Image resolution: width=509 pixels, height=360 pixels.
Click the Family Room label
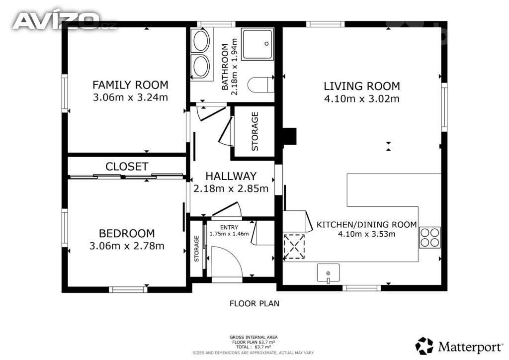pos(131,85)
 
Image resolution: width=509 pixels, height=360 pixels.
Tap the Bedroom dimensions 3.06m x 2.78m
pos(127,246)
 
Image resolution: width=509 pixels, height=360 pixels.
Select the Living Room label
pos(362,87)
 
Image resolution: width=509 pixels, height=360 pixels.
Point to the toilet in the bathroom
pos(261,85)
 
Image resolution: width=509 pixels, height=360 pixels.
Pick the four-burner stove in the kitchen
pos(430,238)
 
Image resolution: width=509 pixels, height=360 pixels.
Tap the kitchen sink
pos(328,272)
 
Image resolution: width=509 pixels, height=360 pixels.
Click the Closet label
pos(127,167)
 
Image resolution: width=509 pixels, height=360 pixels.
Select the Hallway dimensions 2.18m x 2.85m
pos(231,188)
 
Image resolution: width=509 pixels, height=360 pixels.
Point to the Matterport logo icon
pos(424,346)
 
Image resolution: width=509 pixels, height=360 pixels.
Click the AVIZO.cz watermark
pos(64,21)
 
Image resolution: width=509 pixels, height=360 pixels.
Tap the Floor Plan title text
pos(254,304)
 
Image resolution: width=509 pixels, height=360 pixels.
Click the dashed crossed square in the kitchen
pos(294,247)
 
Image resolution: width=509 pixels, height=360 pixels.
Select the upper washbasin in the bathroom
pos(200,41)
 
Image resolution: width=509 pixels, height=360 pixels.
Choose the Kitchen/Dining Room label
pos(366,225)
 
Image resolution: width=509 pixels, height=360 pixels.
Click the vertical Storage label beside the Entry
pos(196,249)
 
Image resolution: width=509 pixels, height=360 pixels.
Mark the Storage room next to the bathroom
pos(254,131)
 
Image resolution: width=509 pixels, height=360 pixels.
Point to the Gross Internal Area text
pos(254,337)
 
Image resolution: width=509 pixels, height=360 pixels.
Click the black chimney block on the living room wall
pos(290,136)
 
